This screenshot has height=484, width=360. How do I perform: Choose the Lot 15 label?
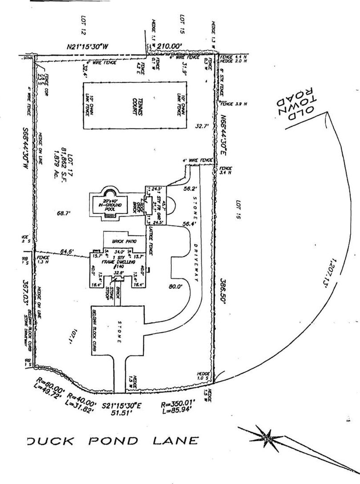[x=182, y=24]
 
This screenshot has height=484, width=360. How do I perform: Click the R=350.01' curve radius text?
[x=178, y=406]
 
